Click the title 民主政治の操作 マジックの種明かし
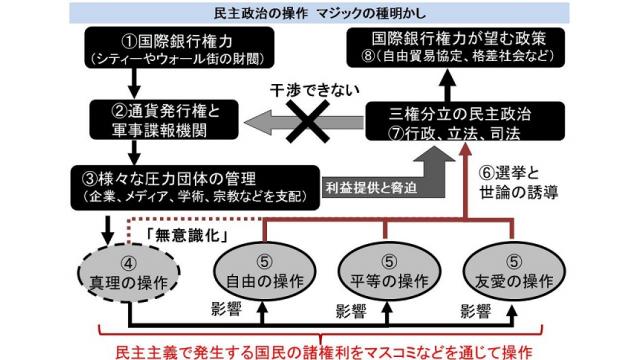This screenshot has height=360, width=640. [319, 12]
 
